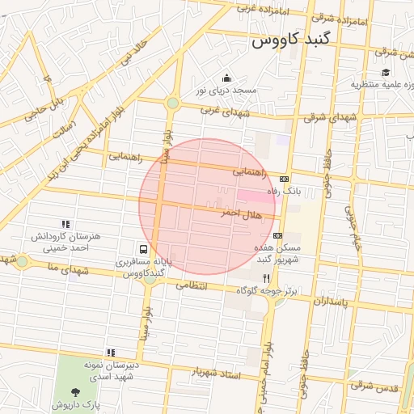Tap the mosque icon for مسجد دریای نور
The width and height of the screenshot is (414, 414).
pos(226,78)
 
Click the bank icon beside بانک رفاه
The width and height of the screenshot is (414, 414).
pos(284,179)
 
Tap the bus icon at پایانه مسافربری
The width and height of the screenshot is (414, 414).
pos(143,249)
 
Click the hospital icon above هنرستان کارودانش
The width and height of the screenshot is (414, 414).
pos(65,224)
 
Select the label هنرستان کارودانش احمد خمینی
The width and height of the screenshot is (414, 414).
pos(65,243)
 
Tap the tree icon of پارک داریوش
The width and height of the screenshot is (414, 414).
pos(76,393)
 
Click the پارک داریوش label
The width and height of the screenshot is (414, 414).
pos(77,405)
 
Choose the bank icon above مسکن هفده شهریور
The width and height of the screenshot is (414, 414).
pos(278,235)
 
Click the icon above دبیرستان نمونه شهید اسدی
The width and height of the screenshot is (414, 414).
pos(111,352)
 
